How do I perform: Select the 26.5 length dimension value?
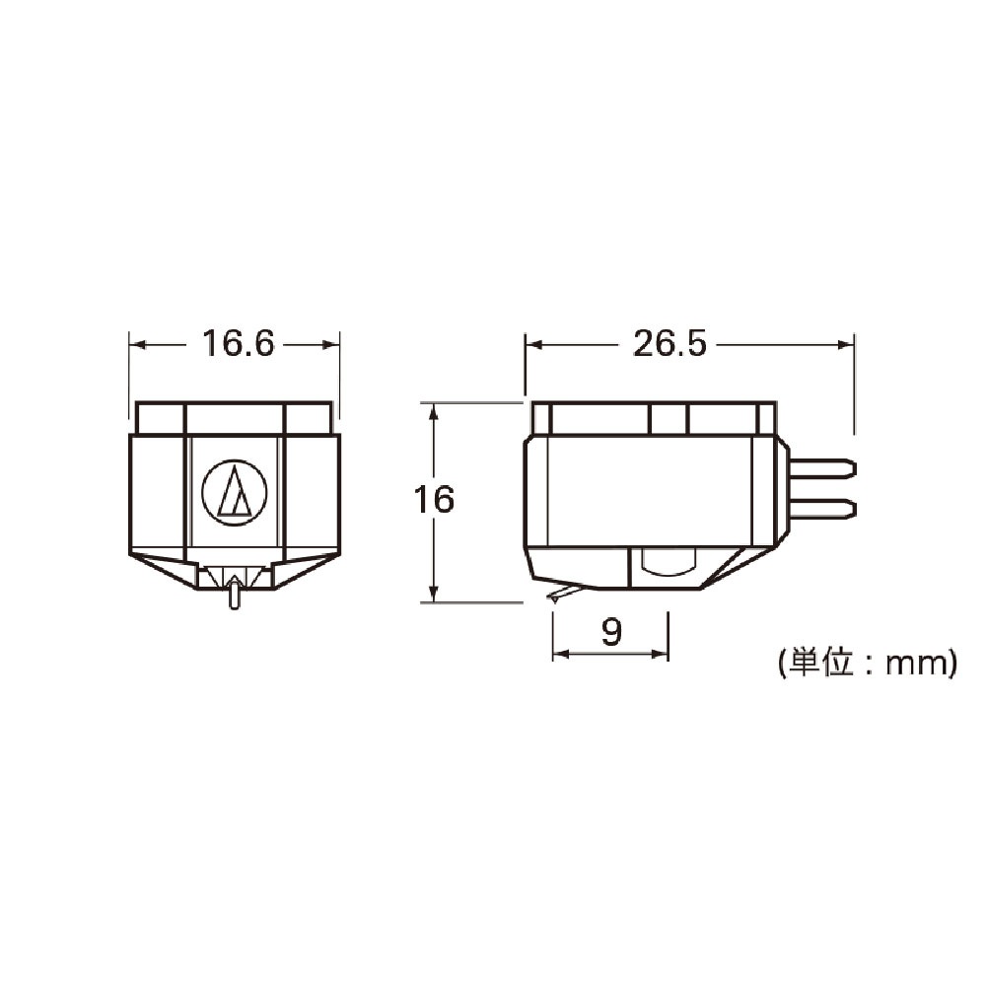coord(670,344)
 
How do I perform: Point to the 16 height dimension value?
coord(434,500)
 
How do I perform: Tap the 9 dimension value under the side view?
coord(612,632)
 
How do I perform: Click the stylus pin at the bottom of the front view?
coord(234,595)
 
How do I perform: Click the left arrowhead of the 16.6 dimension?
coord(137,344)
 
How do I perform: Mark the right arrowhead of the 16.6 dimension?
coord(331,344)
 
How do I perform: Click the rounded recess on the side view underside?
coord(667,562)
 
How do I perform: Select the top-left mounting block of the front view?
coord(161,418)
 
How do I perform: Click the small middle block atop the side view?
coord(668,419)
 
